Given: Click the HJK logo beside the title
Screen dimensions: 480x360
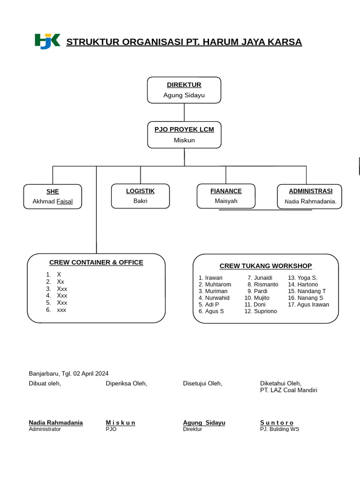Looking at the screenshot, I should point(47,41).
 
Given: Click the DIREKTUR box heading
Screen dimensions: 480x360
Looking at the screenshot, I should point(184,85).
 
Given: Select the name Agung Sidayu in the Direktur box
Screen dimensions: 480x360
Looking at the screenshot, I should point(184,95).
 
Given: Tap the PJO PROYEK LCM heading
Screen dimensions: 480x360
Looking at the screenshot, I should point(184,129).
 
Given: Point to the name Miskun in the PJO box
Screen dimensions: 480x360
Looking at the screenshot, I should point(184,140).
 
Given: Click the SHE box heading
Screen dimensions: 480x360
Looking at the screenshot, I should point(52,192).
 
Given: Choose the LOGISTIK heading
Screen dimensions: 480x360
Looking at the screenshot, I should point(140,191).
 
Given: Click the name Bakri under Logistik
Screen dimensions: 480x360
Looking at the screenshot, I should point(140,201).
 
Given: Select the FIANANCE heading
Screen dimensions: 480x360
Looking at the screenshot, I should point(226,191).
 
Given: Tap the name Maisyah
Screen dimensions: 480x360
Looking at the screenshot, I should point(226,201).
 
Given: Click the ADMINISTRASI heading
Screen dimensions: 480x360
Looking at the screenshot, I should point(310,191).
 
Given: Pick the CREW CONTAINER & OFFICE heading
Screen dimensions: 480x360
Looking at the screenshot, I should point(96,262).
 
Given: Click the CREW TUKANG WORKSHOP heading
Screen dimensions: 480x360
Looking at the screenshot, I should point(265,266).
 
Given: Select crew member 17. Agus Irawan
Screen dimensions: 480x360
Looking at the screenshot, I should point(308,305).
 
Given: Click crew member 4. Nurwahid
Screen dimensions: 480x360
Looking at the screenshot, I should point(214,298).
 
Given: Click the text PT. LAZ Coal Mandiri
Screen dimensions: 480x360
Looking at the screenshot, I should point(288,390).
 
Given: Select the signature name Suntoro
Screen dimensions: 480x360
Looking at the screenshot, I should point(277,423).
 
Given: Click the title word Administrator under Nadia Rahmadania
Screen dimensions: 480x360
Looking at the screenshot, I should point(45,429).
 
